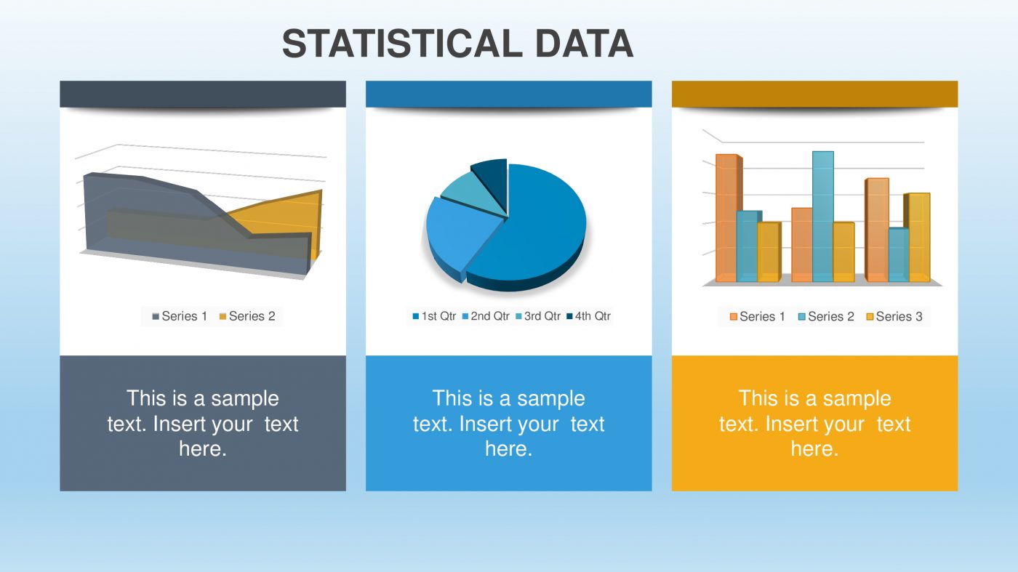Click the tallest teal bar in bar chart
click(x=822, y=218)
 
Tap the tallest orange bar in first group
click(x=726, y=218)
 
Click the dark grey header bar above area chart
click(x=202, y=94)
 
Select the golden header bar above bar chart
click(x=814, y=94)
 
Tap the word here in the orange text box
click(x=814, y=449)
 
